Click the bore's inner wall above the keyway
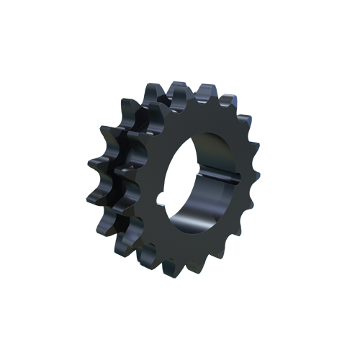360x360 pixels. (x=216, y=155)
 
